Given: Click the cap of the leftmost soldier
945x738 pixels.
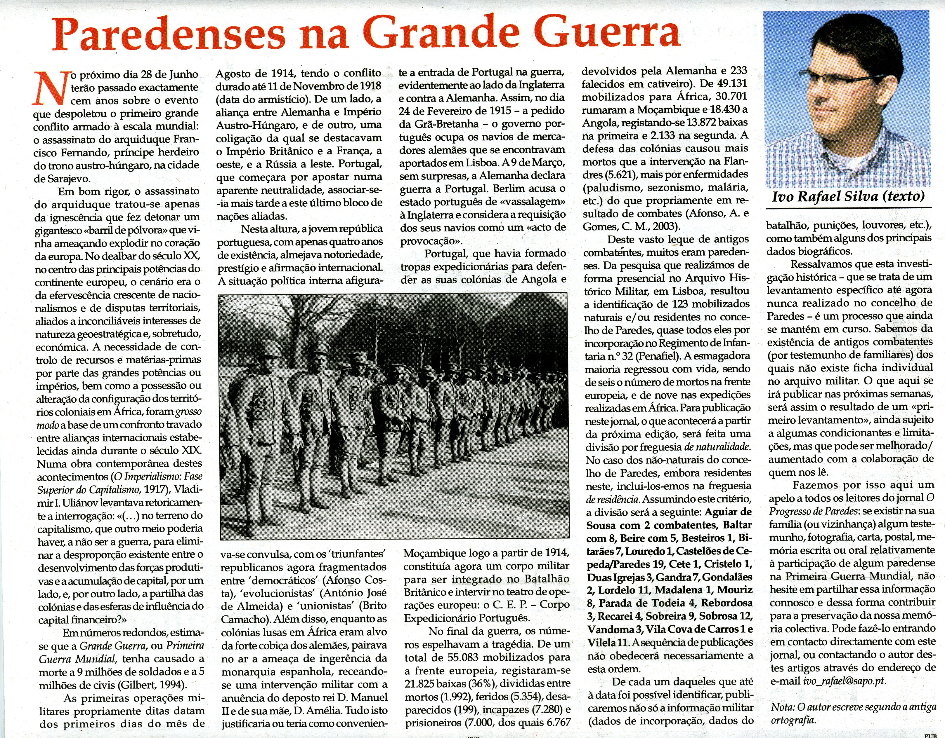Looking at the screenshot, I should [268, 348].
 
